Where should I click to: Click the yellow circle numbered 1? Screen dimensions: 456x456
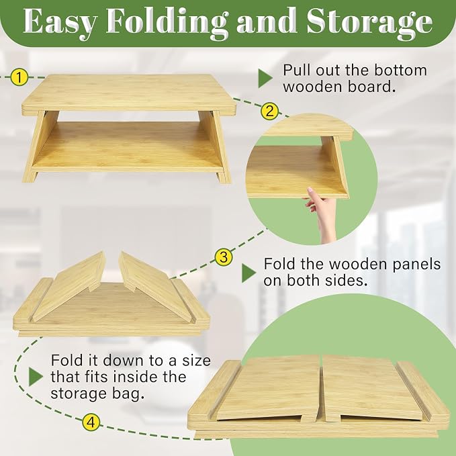pyautogui.click(x=19, y=77)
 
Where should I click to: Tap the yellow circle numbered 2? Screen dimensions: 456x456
pyautogui.click(x=269, y=111)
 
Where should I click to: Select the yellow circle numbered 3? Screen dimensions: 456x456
pyautogui.click(x=224, y=257)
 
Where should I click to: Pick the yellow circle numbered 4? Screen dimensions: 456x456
pyautogui.click(x=91, y=422)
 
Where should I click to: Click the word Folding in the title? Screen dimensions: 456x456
pyautogui.click(x=167, y=22)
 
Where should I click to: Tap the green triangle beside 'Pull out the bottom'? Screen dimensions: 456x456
pyautogui.click(x=265, y=78)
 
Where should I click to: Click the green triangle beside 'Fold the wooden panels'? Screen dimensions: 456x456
pyautogui.click(x=248, y=273)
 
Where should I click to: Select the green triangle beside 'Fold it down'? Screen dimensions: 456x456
pyautogui.click(x=36, y=377)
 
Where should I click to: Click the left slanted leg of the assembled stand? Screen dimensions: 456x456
pyautogui.click(x=41, y=147)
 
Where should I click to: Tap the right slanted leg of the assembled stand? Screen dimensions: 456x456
pyautogui.click(x=215, y=147)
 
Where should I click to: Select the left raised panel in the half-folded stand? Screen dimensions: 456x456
pyautogui.click(x=69, y=287)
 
